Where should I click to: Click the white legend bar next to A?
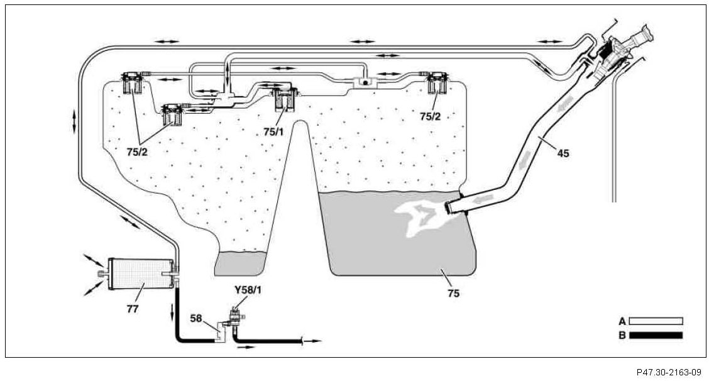point(656,321)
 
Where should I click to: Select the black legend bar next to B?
point(656,335)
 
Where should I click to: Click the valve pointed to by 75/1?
point(283,98)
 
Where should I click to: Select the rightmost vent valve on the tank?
point(438,82)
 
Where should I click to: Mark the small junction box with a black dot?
point(364,82)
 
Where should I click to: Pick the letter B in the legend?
point(622,335)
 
